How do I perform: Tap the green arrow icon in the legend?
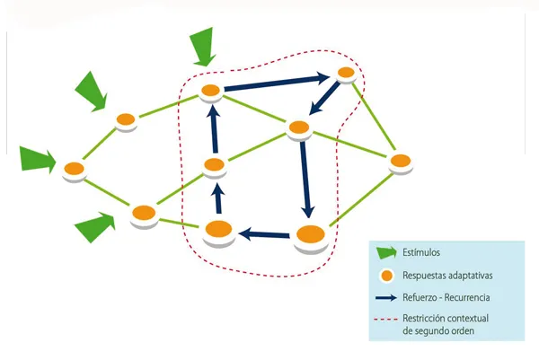386,253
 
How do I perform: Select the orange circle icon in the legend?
386,275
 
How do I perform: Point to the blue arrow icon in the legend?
386,297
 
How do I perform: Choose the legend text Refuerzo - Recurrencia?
446,297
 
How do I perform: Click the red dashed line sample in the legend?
386,320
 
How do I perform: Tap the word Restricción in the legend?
426,319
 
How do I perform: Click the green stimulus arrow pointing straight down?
204,46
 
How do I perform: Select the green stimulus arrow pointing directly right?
38,160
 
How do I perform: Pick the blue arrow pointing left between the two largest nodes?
265,234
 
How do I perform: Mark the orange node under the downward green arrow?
211,90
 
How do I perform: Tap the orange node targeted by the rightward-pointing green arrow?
74,168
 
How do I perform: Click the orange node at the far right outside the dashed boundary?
400,162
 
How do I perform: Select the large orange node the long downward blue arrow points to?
310,235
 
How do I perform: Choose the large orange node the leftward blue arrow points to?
218,230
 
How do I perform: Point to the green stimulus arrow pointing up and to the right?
95,227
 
